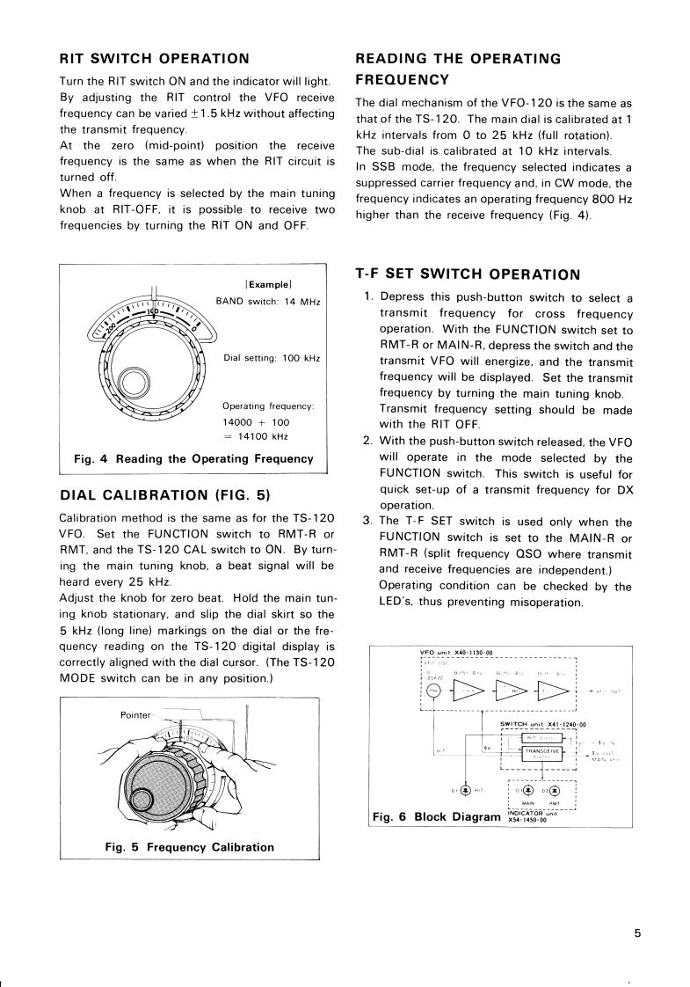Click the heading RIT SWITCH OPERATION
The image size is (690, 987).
pos(153,59)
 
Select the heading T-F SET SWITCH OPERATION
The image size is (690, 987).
pos(467,274)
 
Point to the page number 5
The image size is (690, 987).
pos(638,934)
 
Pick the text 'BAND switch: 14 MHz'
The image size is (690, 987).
pos(268,302)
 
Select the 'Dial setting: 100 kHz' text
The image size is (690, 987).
pos(272,358)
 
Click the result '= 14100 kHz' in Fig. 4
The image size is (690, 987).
pos(257,436)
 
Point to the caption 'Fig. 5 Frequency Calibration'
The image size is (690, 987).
pos(189,847)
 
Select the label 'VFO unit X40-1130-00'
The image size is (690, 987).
pos(456,653)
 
